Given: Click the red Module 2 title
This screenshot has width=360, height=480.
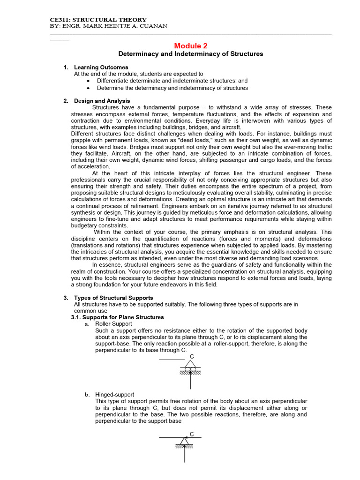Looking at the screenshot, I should tap(190, 45).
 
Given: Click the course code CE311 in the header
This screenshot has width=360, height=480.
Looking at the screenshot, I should tap(60, 19).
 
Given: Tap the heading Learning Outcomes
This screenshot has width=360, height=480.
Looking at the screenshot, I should tap(101, 67).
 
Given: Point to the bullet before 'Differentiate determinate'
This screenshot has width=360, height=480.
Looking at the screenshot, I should tap(89, 81).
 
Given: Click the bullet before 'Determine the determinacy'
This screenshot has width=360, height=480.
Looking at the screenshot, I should tap(89, 88).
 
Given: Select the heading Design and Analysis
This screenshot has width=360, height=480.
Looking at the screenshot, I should tap(102, 101).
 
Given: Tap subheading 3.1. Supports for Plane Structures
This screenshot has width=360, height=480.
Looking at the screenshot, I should tap(117, 317).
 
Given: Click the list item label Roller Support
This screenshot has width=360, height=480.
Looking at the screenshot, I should tap(113, 324).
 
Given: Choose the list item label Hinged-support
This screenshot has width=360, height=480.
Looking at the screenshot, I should tap(114, 395).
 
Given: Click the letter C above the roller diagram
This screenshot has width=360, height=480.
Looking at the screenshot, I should tap(192, 357).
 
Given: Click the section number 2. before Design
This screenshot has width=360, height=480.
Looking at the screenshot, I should tap(66, 101).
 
